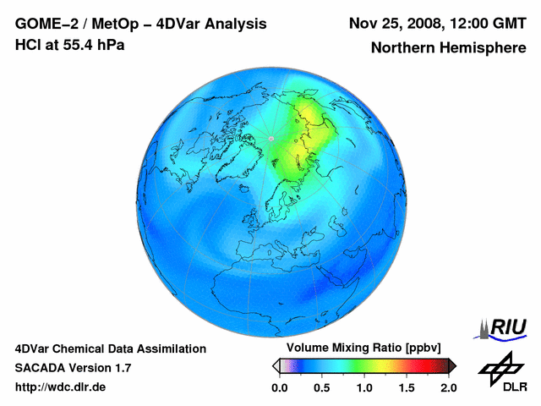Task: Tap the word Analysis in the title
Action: [237, 24]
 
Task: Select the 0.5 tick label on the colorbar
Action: [321, 387]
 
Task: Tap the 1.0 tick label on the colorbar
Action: [363, 387]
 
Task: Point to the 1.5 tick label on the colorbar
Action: [406, 387]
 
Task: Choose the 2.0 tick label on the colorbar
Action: [448, 387]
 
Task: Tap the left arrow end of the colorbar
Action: [276, 365]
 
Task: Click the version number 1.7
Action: [121, 368]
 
